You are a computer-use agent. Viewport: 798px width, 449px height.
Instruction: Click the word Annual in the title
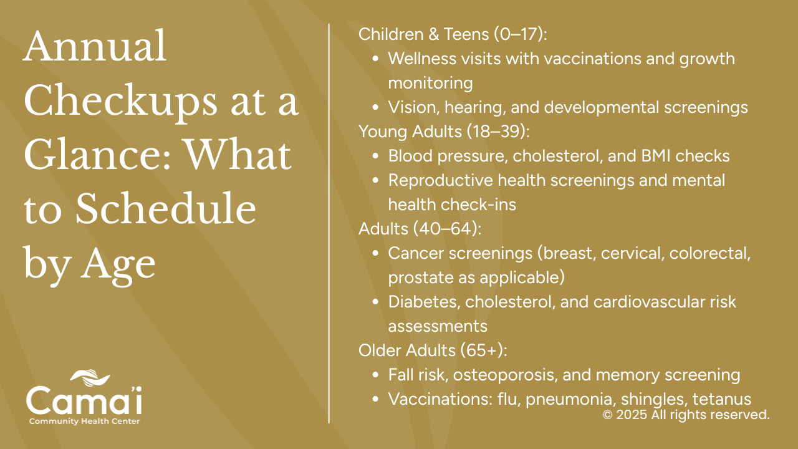point(95,46)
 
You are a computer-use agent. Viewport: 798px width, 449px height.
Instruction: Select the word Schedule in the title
point(166,208)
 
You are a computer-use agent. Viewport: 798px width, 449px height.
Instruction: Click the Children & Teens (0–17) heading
point(453,34)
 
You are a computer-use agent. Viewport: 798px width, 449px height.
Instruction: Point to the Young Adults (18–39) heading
point(444,132)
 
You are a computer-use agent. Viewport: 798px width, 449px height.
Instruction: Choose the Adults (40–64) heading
point(420,229)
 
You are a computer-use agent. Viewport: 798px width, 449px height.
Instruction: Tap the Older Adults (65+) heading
point(433,350)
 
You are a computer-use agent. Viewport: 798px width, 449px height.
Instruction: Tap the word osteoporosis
point(505,375)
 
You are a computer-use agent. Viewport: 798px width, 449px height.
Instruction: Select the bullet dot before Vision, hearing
point(375,107)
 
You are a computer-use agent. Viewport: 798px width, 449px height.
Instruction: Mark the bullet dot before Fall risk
point(375,375)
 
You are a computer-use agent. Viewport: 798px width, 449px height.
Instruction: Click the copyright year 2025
point(632,415)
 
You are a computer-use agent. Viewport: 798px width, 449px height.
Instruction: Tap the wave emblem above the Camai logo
point(90,378)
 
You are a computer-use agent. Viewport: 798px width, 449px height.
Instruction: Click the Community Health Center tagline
point(84,421)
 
